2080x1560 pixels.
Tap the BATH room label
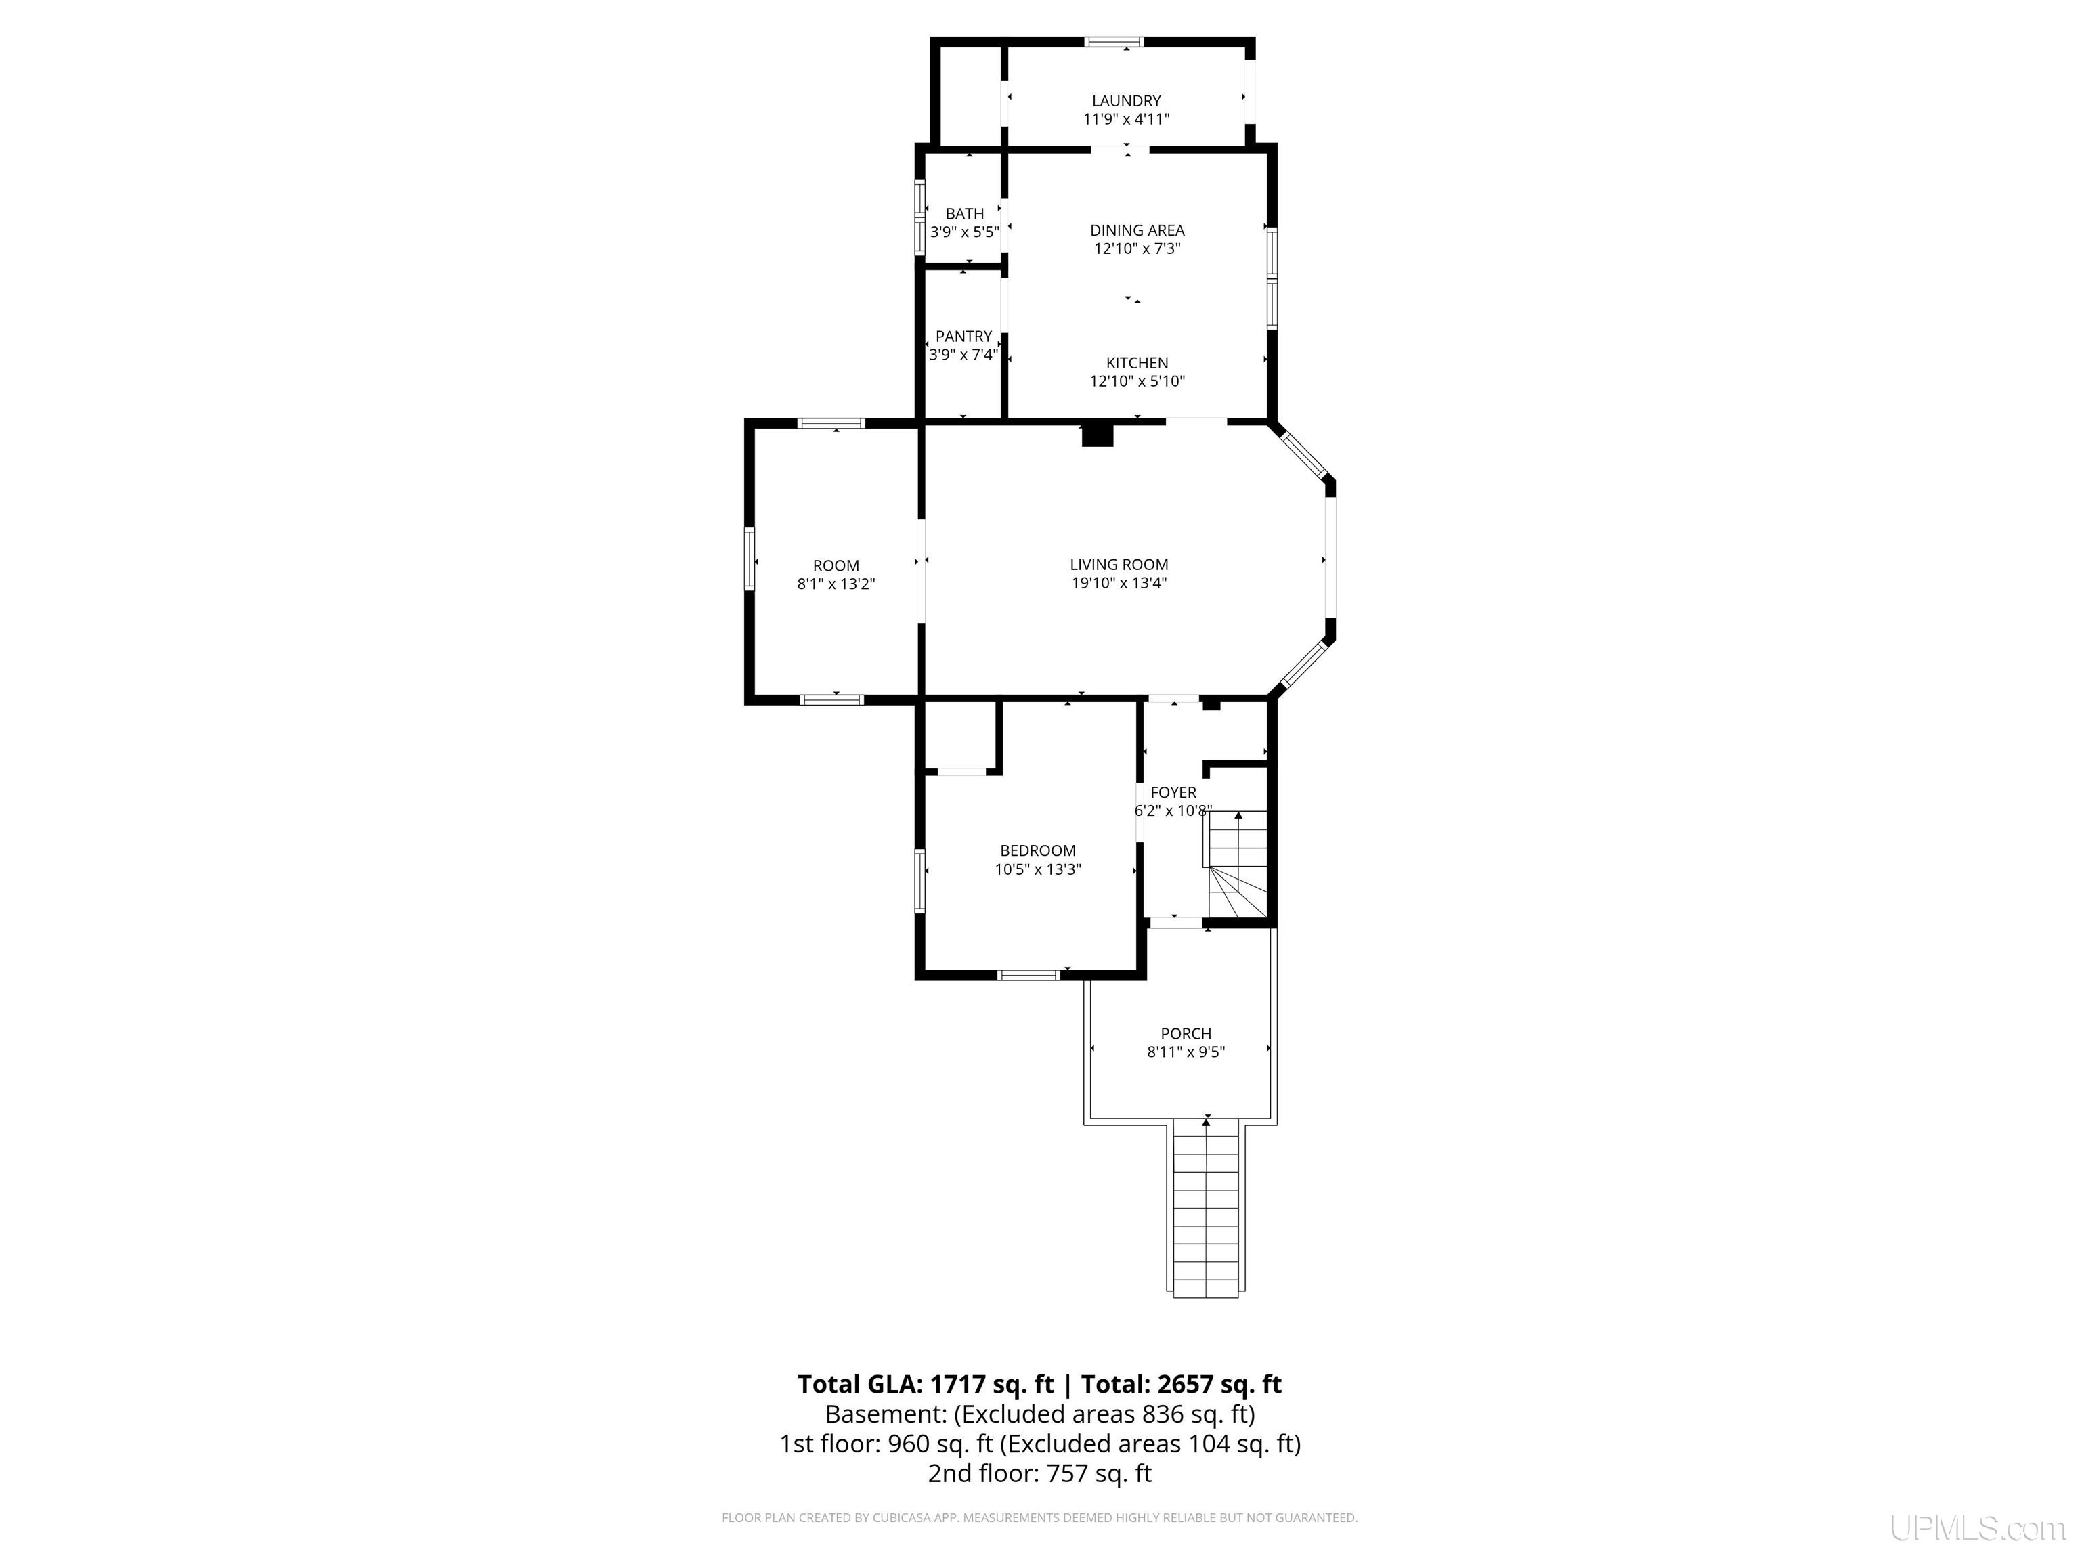pyautogui.click(x=965, y=213)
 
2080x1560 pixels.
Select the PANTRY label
pyautogui.click(x=964, y=336)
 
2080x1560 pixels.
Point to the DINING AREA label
pyautogui.click(x=1137, y=230)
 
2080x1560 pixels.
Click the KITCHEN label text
pyautogui.click(x=1137, y=363)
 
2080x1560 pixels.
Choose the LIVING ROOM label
pyautogui.click(x=1119, y=564)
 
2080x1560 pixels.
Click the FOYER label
pyautogui.click(x=1173, y=793)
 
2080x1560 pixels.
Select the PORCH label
pyautogui.click(x=1186, y=1033)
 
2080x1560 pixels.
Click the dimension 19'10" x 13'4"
pyautogui.click(x=1119, y=583)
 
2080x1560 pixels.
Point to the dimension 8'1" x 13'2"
pyautogui.click(x=836, y=584)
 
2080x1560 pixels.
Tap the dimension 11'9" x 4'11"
pyautogui.click(x=1127, y=119)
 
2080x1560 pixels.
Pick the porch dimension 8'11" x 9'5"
pyautogui.click(x=1186, y=1052)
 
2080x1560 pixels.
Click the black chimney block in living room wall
pyautogui.click(x=1098, y=435)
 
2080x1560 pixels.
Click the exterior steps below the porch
pyautogui.click(x=1207, y=1209)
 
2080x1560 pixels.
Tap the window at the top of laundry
pyautogui.click(x=1114, y=41)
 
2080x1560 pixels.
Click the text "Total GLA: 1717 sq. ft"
pyautogui.click(x=927, y=1384)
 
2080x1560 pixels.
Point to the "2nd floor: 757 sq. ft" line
pyautogui.click(x=1039, y=1473)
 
